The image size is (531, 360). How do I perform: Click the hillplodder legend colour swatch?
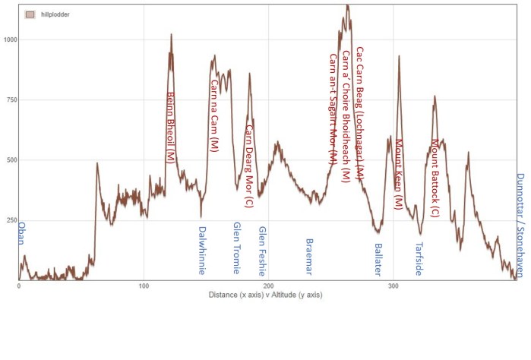click(x=30, y=14)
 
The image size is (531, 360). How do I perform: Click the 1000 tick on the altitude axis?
click(x=9, y=39)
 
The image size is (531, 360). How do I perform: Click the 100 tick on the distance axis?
click(x=143, y=286)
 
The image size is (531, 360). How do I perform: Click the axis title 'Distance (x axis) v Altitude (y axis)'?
click(x=266, y=295)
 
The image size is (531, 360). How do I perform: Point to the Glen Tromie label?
click(x=236, y=248)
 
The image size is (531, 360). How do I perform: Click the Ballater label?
click(x=378, y=258)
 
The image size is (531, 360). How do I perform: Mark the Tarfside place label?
click(x=418, y=258)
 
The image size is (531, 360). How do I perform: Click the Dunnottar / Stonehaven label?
click(x=520, y=224)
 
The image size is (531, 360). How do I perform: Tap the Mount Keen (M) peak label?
click(x=398, y=173)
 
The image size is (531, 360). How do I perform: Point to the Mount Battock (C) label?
click(x=435, y=178)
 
